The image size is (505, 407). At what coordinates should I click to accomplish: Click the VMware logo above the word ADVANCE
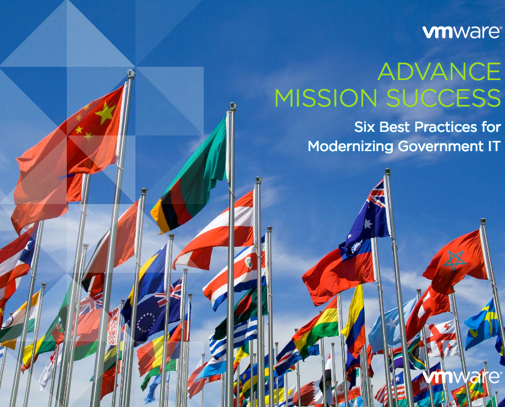click(462, 32)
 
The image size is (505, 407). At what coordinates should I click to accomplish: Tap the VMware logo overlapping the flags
click(461, 377)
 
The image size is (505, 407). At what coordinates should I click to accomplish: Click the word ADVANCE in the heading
click(439, 72)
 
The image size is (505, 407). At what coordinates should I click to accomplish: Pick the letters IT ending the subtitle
click(493, 146)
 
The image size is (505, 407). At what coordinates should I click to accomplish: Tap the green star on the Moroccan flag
click(453, 261)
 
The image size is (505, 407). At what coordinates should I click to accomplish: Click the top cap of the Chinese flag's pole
click(131, 74)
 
